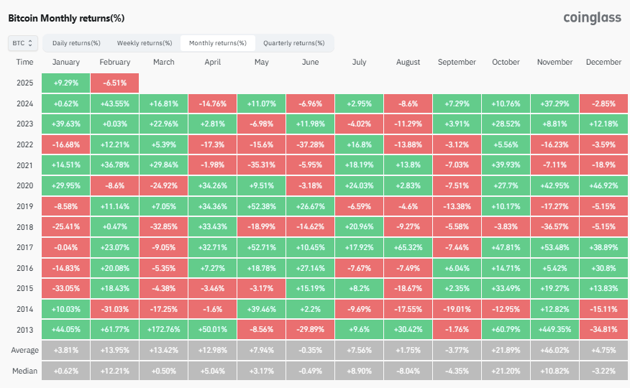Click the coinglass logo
point(592,18)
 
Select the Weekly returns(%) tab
point(145,43)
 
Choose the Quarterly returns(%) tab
point(293,43)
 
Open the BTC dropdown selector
point(23,43)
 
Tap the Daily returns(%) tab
point(76,43)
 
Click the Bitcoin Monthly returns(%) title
point(66,18)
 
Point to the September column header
point(457,63)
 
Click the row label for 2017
point(24,248)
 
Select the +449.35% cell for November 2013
point(555,329)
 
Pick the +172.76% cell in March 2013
point(163,329)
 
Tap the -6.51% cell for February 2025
point(115,83)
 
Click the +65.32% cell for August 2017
point(408,248)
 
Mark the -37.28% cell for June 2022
point(310,144)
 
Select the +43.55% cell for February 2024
point(115,103)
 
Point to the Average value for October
point(506,351)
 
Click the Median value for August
point(408,371)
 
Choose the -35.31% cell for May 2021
point(262,165)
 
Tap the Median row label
point(24,371)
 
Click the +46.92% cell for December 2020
point(603,186)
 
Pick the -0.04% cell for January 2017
point(66,248)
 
